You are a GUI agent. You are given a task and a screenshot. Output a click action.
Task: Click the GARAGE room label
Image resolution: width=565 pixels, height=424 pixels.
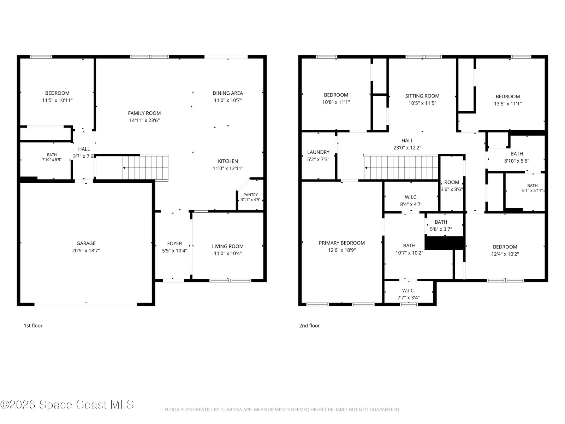tap(86, 243)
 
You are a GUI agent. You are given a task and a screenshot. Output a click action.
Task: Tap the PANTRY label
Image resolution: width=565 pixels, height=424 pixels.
tap(250, 195)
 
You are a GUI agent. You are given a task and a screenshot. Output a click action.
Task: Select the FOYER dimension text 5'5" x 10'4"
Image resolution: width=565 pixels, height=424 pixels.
tap(174, 251)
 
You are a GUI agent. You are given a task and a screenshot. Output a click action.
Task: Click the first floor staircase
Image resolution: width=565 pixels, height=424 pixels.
tap(145, 167)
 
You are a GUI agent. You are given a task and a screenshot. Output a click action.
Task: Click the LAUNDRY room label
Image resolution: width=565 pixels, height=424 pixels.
tap(318, 152)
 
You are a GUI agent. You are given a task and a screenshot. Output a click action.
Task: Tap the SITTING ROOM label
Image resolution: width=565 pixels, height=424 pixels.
tap(422, 96)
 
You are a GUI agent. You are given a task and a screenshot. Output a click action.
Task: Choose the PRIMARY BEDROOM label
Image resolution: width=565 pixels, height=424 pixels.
tap(341, 243)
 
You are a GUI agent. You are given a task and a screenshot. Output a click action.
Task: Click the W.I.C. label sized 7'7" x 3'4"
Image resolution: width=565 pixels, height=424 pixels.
tap(408, 290)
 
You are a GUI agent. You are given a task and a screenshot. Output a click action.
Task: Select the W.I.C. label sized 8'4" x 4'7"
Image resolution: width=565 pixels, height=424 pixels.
tap(411, 197)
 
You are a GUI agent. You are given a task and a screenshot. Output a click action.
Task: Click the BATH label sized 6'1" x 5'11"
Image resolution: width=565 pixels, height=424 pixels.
tap(532, 185)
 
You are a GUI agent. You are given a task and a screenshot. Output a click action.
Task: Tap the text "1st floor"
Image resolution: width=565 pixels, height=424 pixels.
tap(33, 325)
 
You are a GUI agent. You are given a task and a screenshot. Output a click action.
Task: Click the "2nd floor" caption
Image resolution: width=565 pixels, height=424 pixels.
tap(309, 325)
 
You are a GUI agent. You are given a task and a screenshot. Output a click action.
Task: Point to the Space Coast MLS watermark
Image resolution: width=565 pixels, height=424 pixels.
tap(67, 405)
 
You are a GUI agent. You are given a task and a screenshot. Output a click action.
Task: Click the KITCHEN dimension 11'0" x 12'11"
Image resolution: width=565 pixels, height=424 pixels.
tap(227, 169)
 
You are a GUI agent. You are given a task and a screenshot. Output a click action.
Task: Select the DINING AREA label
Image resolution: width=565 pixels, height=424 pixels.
tap(227, 93)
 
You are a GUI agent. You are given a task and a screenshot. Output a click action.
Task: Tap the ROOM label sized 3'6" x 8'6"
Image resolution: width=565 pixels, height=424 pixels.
tap(452, 182)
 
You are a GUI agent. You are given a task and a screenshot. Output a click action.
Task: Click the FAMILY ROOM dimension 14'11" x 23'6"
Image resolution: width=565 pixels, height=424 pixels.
tap(144, 120)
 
